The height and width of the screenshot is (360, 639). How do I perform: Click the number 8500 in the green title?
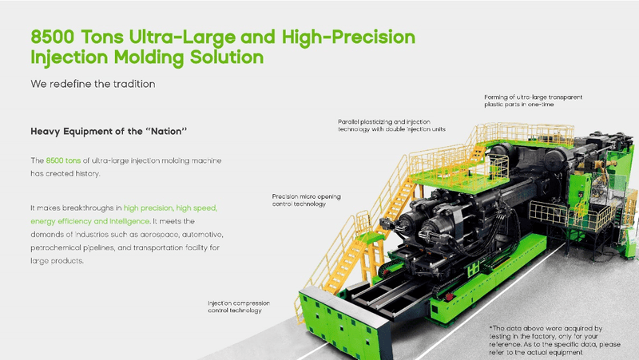point(53,37)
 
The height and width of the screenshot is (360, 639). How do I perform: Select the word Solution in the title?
point(227,57)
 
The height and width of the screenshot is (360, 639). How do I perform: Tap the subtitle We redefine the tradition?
point(93,84)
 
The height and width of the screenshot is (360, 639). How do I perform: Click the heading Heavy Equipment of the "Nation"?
point(109,131)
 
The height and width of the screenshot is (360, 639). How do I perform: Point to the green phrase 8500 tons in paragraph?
point(63,160)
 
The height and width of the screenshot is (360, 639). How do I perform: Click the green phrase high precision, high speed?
point(170,208)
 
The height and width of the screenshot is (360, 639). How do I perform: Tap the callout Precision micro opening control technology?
point(307,200)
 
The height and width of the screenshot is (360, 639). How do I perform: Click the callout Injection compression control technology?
point(239,307)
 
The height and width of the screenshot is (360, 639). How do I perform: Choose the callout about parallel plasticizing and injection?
point(391,125)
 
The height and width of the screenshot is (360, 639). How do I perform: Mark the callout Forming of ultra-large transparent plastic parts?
point(533,101)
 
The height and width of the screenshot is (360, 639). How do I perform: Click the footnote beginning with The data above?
point(554,341)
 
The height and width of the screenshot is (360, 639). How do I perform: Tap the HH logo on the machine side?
point(473,269)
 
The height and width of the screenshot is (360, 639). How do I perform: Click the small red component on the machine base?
point(450,296)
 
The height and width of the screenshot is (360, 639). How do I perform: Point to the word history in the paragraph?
point(87,174)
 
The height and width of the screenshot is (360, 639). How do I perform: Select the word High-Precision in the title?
point(348,37)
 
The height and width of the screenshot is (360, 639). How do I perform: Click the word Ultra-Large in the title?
point(182,38)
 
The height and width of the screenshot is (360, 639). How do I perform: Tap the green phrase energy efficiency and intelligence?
point(90,221)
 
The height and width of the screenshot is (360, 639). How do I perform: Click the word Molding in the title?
point(149,57)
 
